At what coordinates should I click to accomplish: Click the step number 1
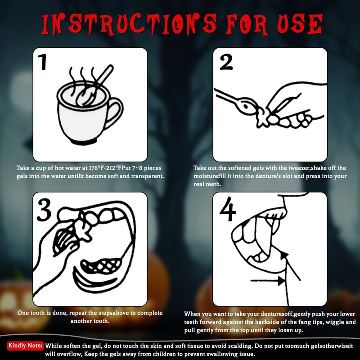[x=43, y=62]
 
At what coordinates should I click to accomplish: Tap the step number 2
[x=226, y=62]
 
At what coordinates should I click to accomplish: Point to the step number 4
[x=228, y=209]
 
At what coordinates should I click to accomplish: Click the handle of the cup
[x=115, y=112]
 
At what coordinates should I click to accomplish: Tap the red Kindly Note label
[x=25, y=346]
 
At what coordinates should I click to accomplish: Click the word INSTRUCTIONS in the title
[x=129, y=25]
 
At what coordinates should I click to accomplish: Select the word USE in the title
[x=300, y=24]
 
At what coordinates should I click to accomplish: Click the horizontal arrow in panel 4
[x=268, y=280]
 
